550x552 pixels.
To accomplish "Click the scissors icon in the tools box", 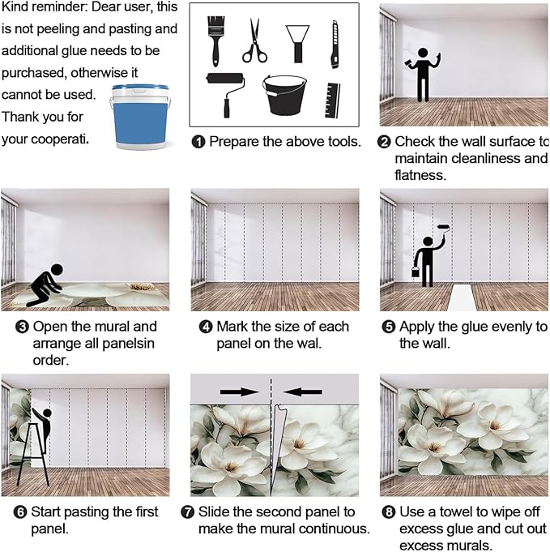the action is coord(254,41).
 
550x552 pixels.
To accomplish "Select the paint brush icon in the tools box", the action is coord(215,41).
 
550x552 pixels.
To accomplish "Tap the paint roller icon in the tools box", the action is coord(226,94).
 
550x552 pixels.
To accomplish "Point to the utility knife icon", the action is coord(335,45).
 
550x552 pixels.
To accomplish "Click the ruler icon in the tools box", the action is coord(333,101).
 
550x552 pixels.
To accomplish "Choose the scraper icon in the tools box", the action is coord(298,44).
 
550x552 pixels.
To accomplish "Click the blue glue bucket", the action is coord(140,117).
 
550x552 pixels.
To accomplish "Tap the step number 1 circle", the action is coord(198,142).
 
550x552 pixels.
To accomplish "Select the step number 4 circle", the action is coord(206,327).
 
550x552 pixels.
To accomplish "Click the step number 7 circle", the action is coord(188,512).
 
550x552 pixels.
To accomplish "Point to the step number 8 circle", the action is coord(389,512).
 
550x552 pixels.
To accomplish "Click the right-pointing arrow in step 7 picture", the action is coord(239,392).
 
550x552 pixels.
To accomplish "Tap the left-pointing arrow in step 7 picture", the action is coord(303,392).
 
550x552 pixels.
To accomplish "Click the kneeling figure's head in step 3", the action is coord(57,271).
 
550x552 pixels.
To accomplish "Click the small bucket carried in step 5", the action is coord(416,271).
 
